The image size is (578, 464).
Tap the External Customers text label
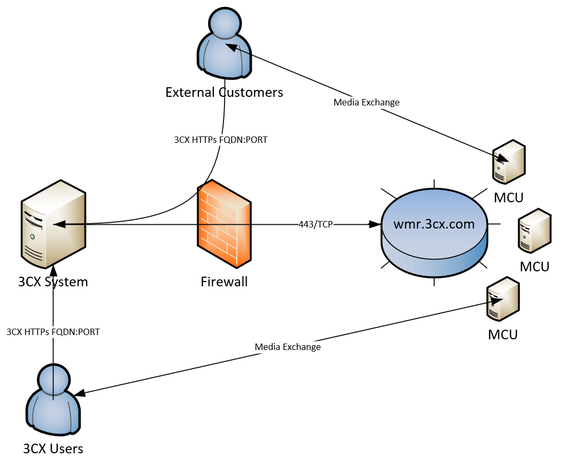point(224,92)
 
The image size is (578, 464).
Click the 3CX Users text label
point(53,448)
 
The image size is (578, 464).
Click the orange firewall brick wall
point(224,224)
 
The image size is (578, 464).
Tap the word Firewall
point(224,281)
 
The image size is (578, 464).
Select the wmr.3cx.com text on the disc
point(434,224)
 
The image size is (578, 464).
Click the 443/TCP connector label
point(315,224)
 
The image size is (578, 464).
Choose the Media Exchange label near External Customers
point(366,102)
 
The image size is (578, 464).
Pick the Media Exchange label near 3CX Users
point(288,347)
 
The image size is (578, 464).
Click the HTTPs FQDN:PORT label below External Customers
point(221,140)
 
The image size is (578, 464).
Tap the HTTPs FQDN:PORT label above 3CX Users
point(53,332)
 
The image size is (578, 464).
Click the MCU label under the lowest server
point(503,335)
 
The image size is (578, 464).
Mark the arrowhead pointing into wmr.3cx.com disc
point(374,224)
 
